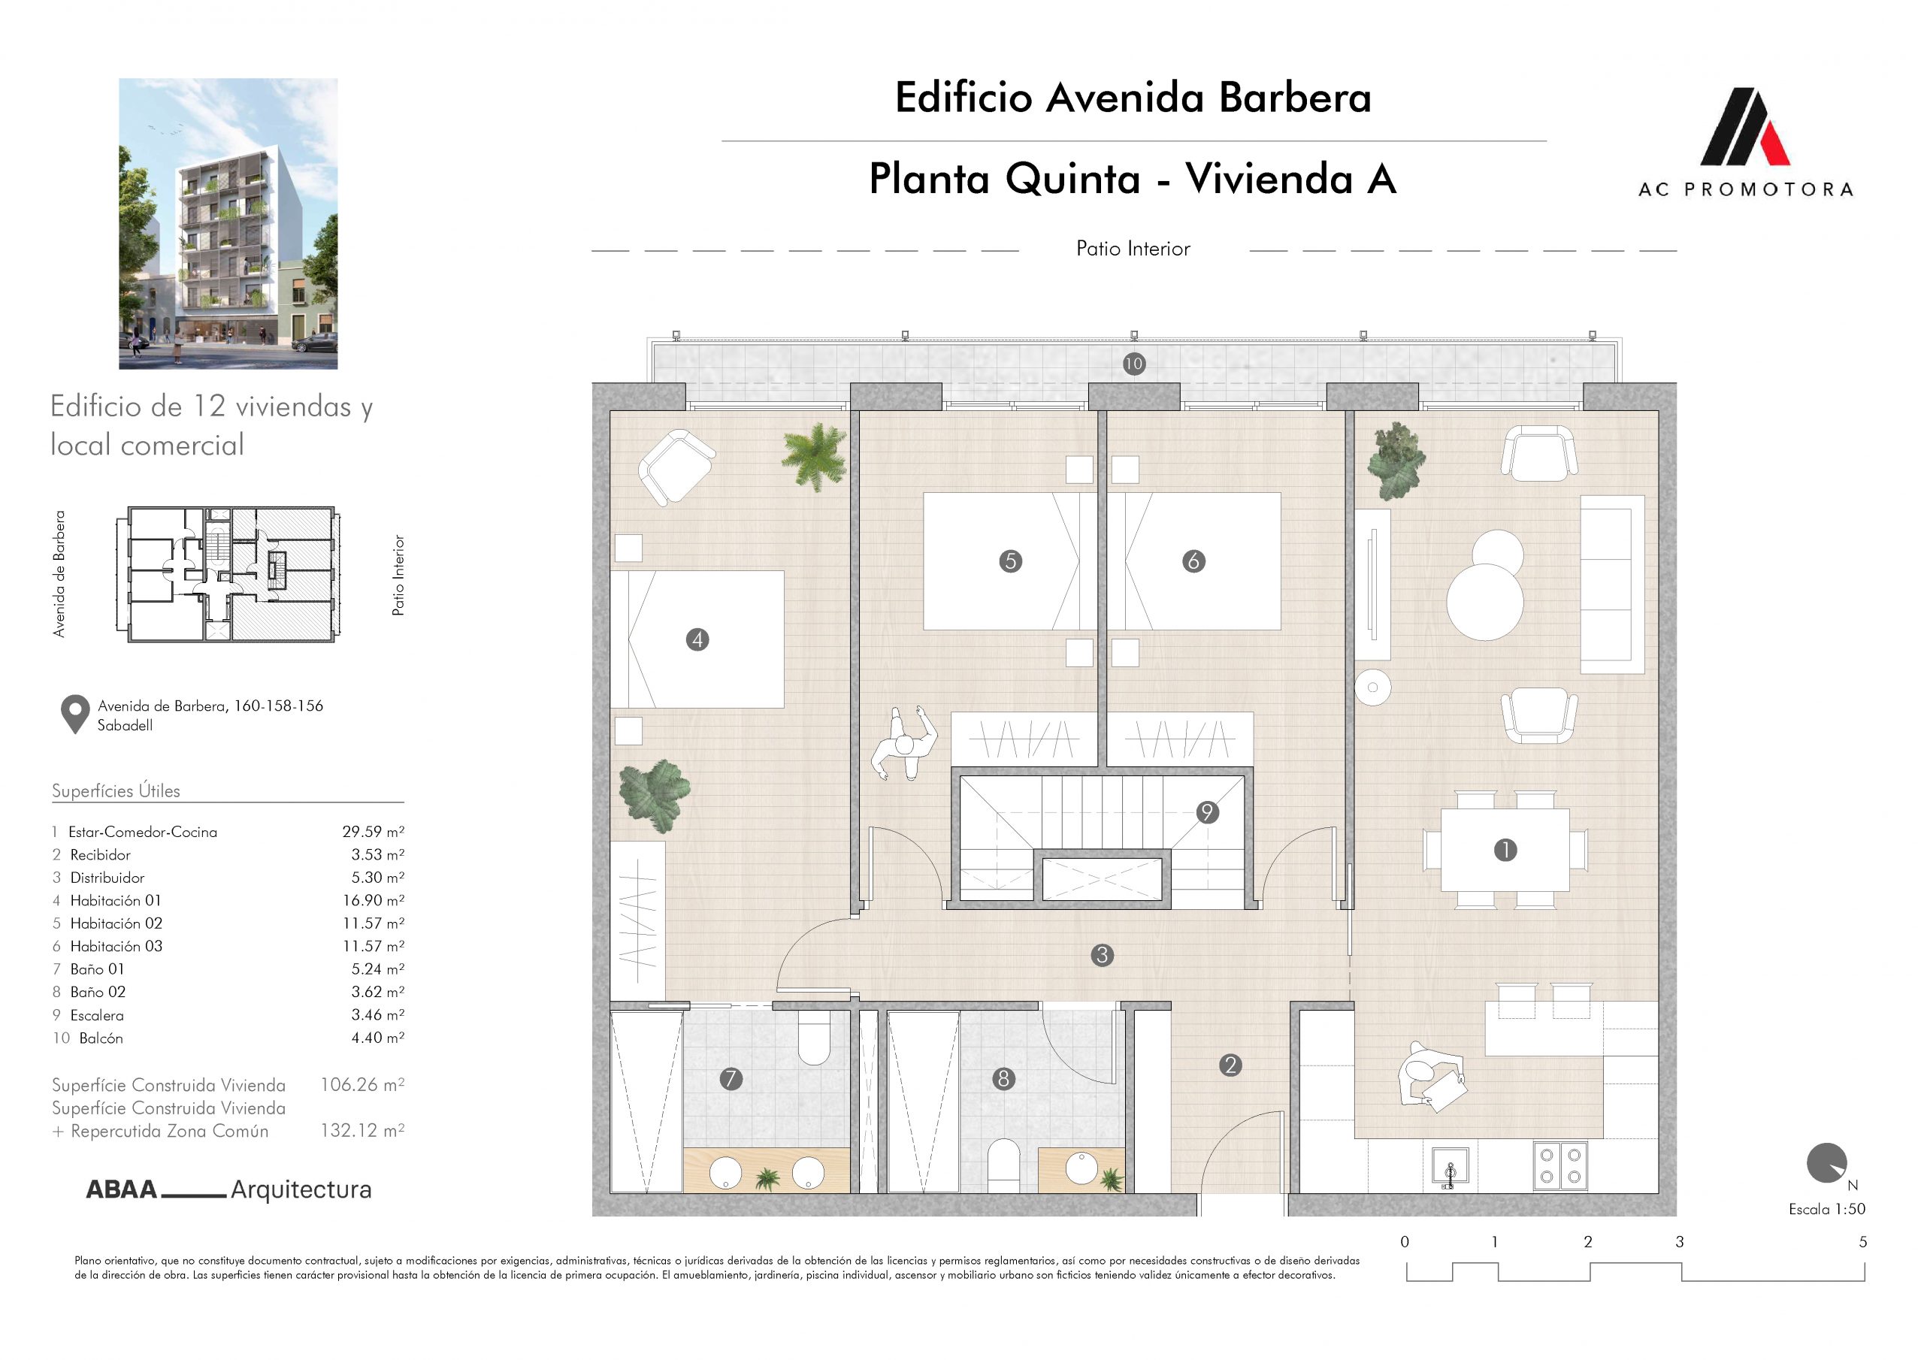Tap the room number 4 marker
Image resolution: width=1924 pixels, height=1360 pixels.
[697, 640]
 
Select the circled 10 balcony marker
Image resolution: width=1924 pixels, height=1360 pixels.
[1134, 364]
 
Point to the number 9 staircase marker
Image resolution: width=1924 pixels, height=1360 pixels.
[1208, 812]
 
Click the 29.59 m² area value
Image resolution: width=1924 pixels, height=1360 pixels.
[373, 832]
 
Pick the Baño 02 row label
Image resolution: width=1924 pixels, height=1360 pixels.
[97, 992]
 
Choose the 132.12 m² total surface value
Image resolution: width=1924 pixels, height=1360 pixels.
[362, 1130]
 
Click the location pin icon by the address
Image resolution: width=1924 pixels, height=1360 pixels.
[75, 715]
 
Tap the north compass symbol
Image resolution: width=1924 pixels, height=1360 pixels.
[1827, 1165]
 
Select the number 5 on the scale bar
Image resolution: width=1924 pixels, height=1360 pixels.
[1863, 1242]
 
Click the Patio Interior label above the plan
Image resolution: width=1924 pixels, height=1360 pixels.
[1133, 249]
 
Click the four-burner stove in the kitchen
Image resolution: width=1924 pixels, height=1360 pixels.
[1560, 1166]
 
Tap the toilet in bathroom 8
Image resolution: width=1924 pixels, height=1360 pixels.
[1003, 1165]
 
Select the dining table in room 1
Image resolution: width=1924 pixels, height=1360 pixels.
[1505, 850]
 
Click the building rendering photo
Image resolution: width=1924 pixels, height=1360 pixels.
[228, 224]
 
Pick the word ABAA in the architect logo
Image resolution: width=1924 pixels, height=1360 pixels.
[122, 1190]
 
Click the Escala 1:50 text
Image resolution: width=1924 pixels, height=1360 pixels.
[1827, 1209]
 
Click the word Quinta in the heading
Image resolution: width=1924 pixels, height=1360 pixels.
[1072, 179]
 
